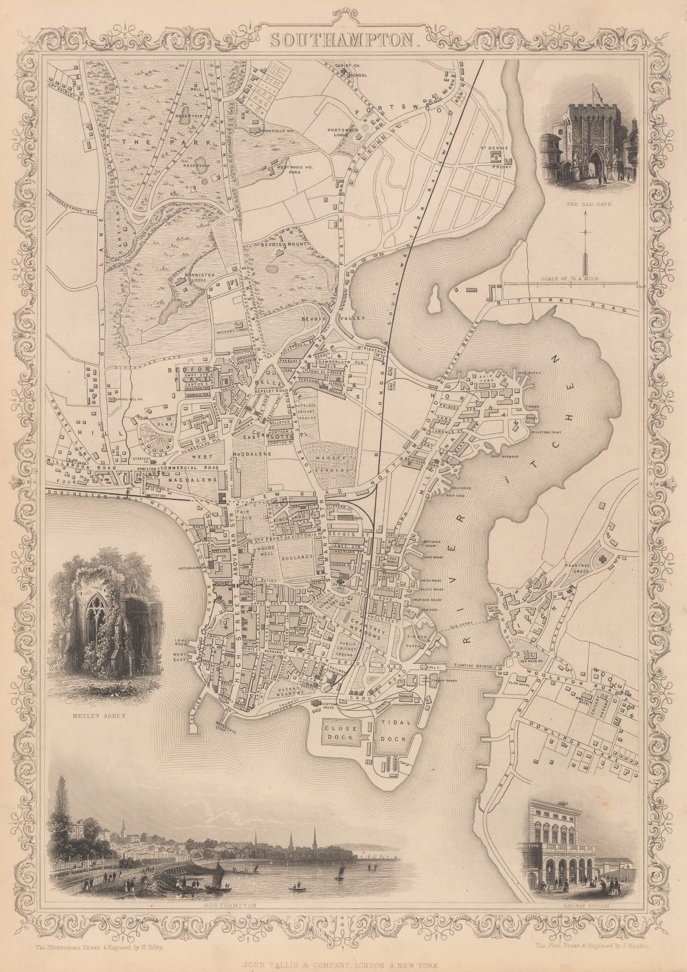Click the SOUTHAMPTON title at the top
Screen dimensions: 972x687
pyautogui.click(x=343, y=41)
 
